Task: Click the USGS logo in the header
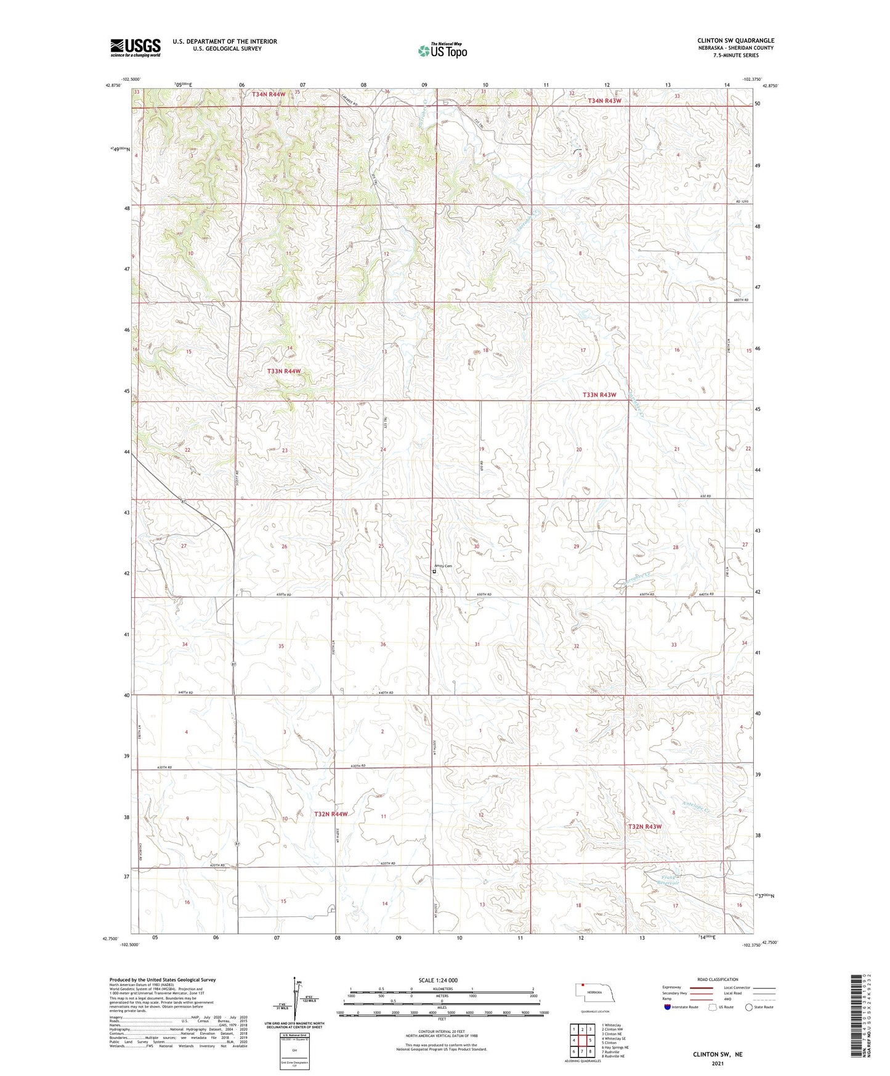click(136, 47)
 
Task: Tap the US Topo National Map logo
click(442, 50)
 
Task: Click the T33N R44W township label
click(285, 371)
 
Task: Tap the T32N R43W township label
click(644, 826)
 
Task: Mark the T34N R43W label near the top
click(604, 100)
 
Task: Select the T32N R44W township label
click(331, 814)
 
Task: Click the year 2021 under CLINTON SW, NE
click(717, 1063)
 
